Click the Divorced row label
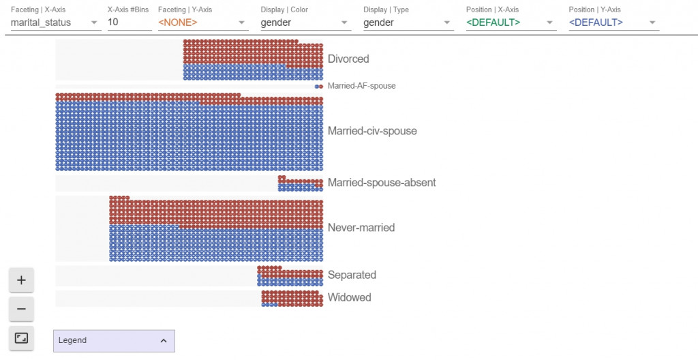(x=348, y=59)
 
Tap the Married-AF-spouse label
(x=361, y=86)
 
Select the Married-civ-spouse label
(x=372, y=131)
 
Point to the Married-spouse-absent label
(x=382, y=183)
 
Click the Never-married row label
(x=361, y=228)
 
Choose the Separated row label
(x=352, y=275)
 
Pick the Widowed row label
(x=349, y=298)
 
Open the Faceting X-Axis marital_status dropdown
(x=55, y=22)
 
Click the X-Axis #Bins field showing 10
(x=130, y=22)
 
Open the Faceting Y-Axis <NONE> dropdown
(x=202, y=22)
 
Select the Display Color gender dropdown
(x=305, y=22)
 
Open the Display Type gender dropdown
(x=408, y=22)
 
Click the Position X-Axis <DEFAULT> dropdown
(x=511, y=22)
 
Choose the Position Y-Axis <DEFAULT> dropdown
(x=613, y=22)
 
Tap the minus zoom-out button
(x=21, y=309)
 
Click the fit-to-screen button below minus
(x=21, y=338)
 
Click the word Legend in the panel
(x=73, y=340)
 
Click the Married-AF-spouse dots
(x=319, y=87)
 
